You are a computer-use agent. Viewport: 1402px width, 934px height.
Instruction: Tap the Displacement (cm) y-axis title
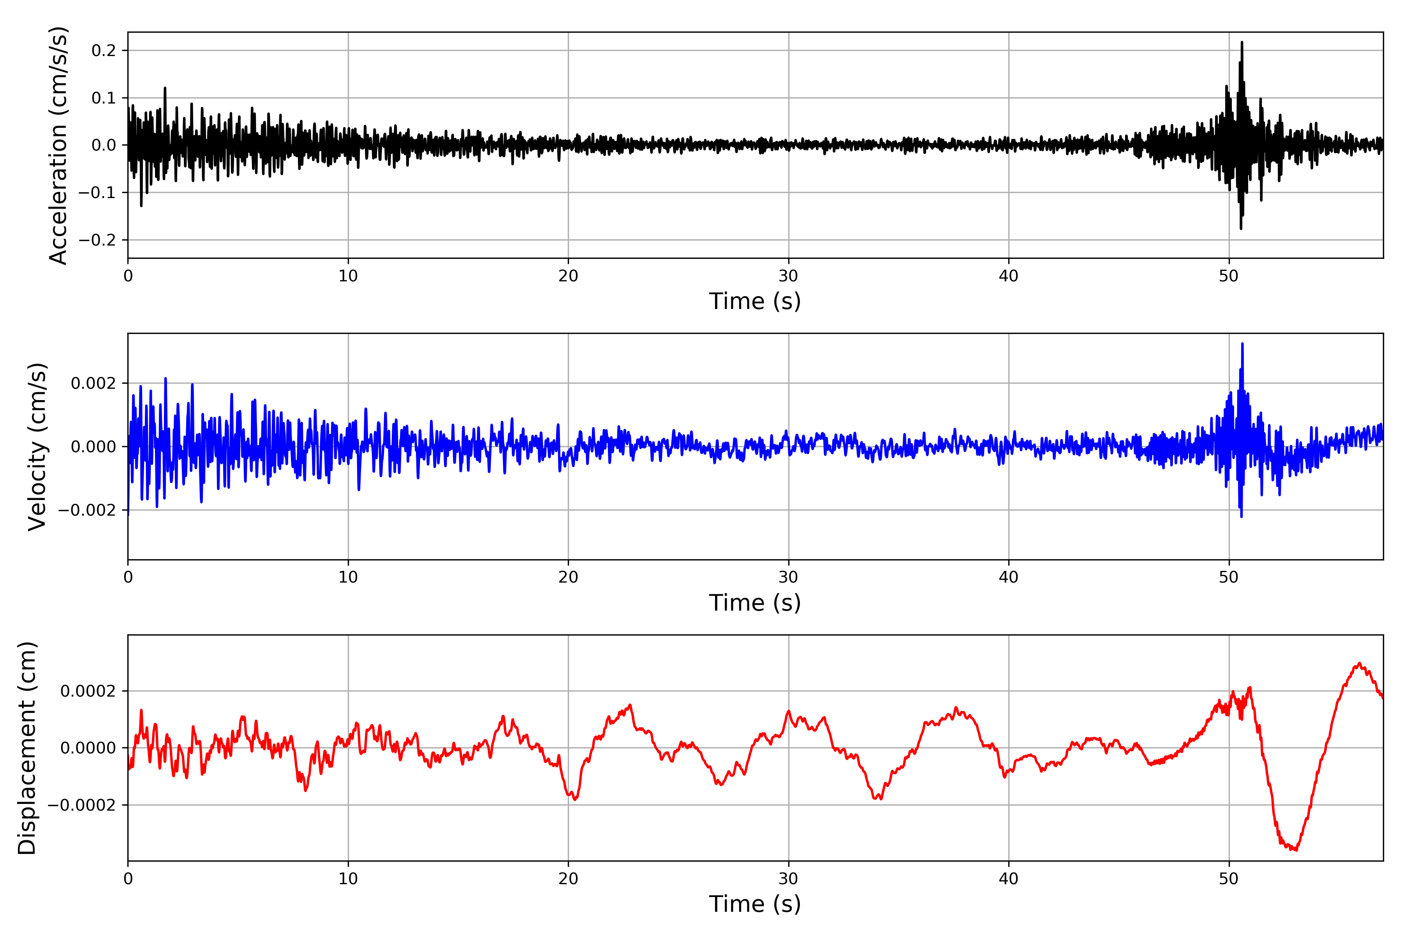pos(27,748)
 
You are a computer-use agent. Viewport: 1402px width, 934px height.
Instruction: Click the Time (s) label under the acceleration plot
pos(755,301)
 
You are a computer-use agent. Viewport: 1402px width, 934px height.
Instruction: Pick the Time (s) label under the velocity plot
pos(755,603)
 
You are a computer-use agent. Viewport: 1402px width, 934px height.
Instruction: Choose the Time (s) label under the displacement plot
pos(755,904)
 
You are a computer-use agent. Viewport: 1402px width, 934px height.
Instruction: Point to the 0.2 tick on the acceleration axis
pos(104,51)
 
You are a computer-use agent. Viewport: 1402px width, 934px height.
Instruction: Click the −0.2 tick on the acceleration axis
pos(97,240)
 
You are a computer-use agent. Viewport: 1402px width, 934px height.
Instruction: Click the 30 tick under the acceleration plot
pos(788,276)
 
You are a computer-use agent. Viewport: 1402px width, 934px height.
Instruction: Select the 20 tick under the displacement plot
pos(568,879)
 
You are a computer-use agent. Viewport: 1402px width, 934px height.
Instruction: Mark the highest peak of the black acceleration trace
pos(1242,42)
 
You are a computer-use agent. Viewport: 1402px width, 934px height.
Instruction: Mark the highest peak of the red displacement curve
pos(1360,663)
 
